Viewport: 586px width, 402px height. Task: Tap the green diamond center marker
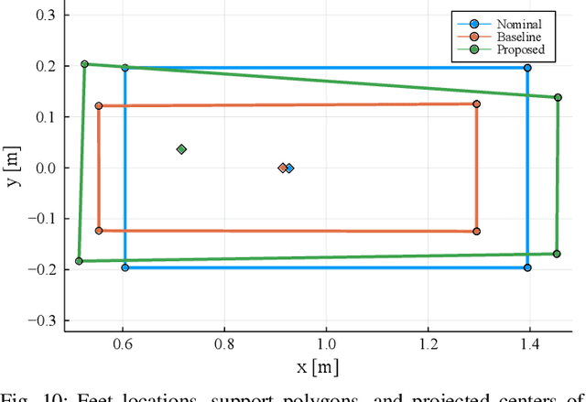pyautogui.click(x=181, y=149)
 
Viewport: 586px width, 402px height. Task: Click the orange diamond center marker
pyautogui.click(x=282, y=168)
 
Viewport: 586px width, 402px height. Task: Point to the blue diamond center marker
pyautogui.click(x=289, y=168)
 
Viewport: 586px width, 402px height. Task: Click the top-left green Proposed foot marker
pyautogui.click(x=84, y=64)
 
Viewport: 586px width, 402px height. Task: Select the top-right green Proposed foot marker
pyautogui.click(x=558, y=97)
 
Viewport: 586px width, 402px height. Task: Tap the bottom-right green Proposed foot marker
pyautogui.click(x=556, y=254)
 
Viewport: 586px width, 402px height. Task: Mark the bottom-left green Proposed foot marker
pyautogui.click(x=79, y=261)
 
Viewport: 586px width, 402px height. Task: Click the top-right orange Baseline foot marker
pyautogui.click(x=476, y=104)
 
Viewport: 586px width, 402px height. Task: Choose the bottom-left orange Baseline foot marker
pyautogui.click(x=99, y=231)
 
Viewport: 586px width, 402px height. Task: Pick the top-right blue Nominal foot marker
pyautogui.click(x=527, y=68)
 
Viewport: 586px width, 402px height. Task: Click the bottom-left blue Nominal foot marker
pyautogui.click(x=125, y=267)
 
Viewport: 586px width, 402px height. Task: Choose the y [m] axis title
pyautogui.click(x=13, y=168)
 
